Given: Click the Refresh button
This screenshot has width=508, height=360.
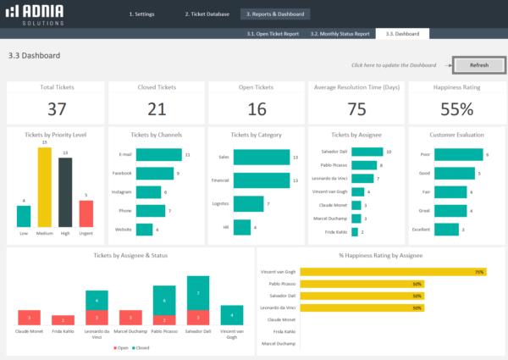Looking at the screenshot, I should pyautogui.click(x=479, y=64).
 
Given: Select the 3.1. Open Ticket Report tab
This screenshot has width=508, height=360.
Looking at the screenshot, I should pyautogui.click(x=273, y=34).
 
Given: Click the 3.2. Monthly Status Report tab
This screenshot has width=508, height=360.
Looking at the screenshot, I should pyautogui.click(x=340, y=34).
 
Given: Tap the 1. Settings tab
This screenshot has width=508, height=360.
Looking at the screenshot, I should pyautogui.click(x=142, y=14).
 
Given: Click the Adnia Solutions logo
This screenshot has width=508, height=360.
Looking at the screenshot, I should pyautogui.click(x=37, y=14).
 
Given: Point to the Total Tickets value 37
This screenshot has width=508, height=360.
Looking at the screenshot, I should pyautogui.click(x=57, y=108).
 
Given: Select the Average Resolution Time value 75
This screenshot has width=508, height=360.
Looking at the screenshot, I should pyautogui.click(x=356, y=108).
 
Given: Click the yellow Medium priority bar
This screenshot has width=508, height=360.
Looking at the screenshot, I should pyautogui.click(x=45, y=187).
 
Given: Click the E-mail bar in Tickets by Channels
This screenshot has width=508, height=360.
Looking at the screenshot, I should pyautogui.click(x=159, y=155).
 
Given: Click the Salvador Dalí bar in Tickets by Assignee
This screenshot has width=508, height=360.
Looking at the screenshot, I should pyautogui.click(x=366, y=152).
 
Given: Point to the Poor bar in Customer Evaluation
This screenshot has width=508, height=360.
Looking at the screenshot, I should pyautogui.click(x=460, y=155).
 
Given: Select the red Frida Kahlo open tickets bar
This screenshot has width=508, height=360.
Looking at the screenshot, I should pyautogui.click(x=62, y=320).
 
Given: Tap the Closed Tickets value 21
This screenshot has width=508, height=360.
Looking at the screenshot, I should pyautogui.click(x=157, y=108).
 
